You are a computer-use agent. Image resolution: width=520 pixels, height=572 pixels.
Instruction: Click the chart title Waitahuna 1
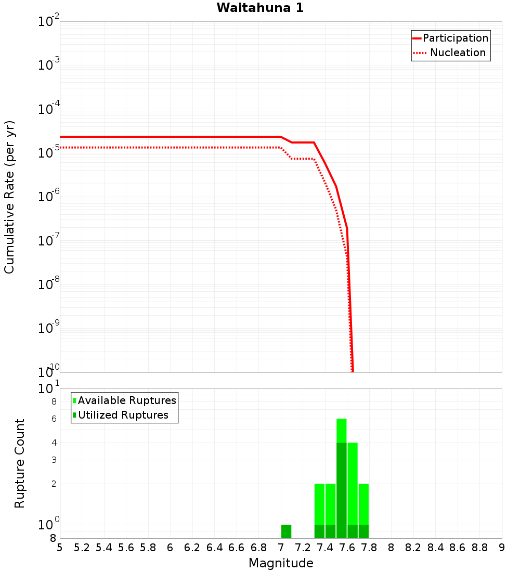pyautogui.click(x=260, y=8)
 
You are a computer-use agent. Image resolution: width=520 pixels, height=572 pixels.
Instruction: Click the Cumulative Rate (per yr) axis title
pyautogui.click(x=9, y=197)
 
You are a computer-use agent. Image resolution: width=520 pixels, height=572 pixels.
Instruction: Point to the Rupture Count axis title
pyautogui.click(x=20, y=463)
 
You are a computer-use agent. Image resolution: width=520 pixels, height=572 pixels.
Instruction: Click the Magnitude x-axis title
pyautogui.click(x=281, y=563)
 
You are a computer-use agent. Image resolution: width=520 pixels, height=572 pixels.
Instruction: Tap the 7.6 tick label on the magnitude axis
pyautogui.click(x=347, y=548)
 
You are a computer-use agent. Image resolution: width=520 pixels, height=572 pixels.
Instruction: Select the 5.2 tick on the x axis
pyautogui.click(x=82, y=548)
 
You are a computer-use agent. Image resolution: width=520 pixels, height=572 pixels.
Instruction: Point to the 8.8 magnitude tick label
pyautogui.click(x=480, y=548)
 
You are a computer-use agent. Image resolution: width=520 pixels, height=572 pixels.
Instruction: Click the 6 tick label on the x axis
pyautogui.click(x=170, y=548)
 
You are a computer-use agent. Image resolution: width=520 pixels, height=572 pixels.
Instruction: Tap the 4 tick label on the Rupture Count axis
pyautogui.click(x=54, y=443)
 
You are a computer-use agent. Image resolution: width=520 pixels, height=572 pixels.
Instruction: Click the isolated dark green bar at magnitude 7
pyautogui.click(x=286, y=531)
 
